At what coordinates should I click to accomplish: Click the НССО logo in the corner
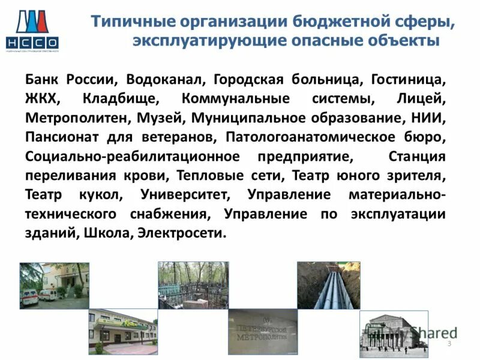click(32, 30)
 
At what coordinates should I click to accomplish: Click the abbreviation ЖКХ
click(42, 98)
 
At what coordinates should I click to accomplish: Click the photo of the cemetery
click(193, 285)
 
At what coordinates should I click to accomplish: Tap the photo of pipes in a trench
click(329, 285)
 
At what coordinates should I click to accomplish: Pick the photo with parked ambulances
click(54, 285)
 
